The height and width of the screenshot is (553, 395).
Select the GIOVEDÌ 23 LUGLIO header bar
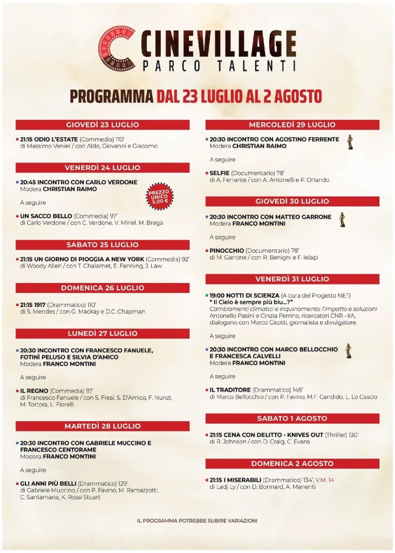(103, 125)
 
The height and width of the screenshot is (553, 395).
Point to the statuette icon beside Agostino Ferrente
(349, 141)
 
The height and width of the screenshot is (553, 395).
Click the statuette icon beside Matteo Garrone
(342, 219)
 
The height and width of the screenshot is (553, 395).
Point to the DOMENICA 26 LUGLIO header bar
(103, 288)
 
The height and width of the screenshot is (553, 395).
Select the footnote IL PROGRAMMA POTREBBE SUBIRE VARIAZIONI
(197, 521)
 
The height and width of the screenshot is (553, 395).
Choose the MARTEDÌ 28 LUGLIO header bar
(103, 427)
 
